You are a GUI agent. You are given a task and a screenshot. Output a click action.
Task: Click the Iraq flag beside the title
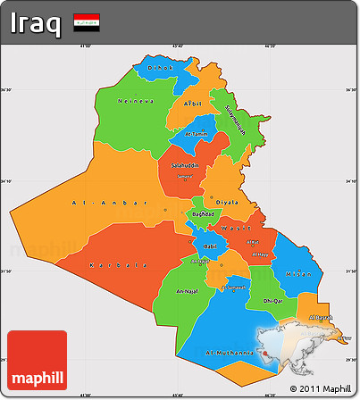pyautogui.click(x=87, y=20)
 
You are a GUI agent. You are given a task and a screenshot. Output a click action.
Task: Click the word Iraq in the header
pyautogui.click(x=37, y=21)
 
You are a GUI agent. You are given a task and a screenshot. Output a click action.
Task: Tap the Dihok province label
pyautogui.click(x=160, y=68)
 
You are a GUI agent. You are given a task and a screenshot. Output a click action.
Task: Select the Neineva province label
pyautogui.click(x=135, y=101)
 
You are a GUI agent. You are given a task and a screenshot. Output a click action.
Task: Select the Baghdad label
pyautogui.click(x=203, y=214)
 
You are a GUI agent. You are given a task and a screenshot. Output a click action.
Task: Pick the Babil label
pyautogui.click(x=211, y=245)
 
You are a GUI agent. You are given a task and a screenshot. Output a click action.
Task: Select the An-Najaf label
pyautogui.click(x=187, y=291)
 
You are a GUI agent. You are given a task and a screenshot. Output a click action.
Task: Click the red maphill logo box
pyautogui.click(x=37, y=360)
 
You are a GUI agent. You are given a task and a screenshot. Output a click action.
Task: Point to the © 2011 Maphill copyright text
pyautogui.click(x=320, y=388)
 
